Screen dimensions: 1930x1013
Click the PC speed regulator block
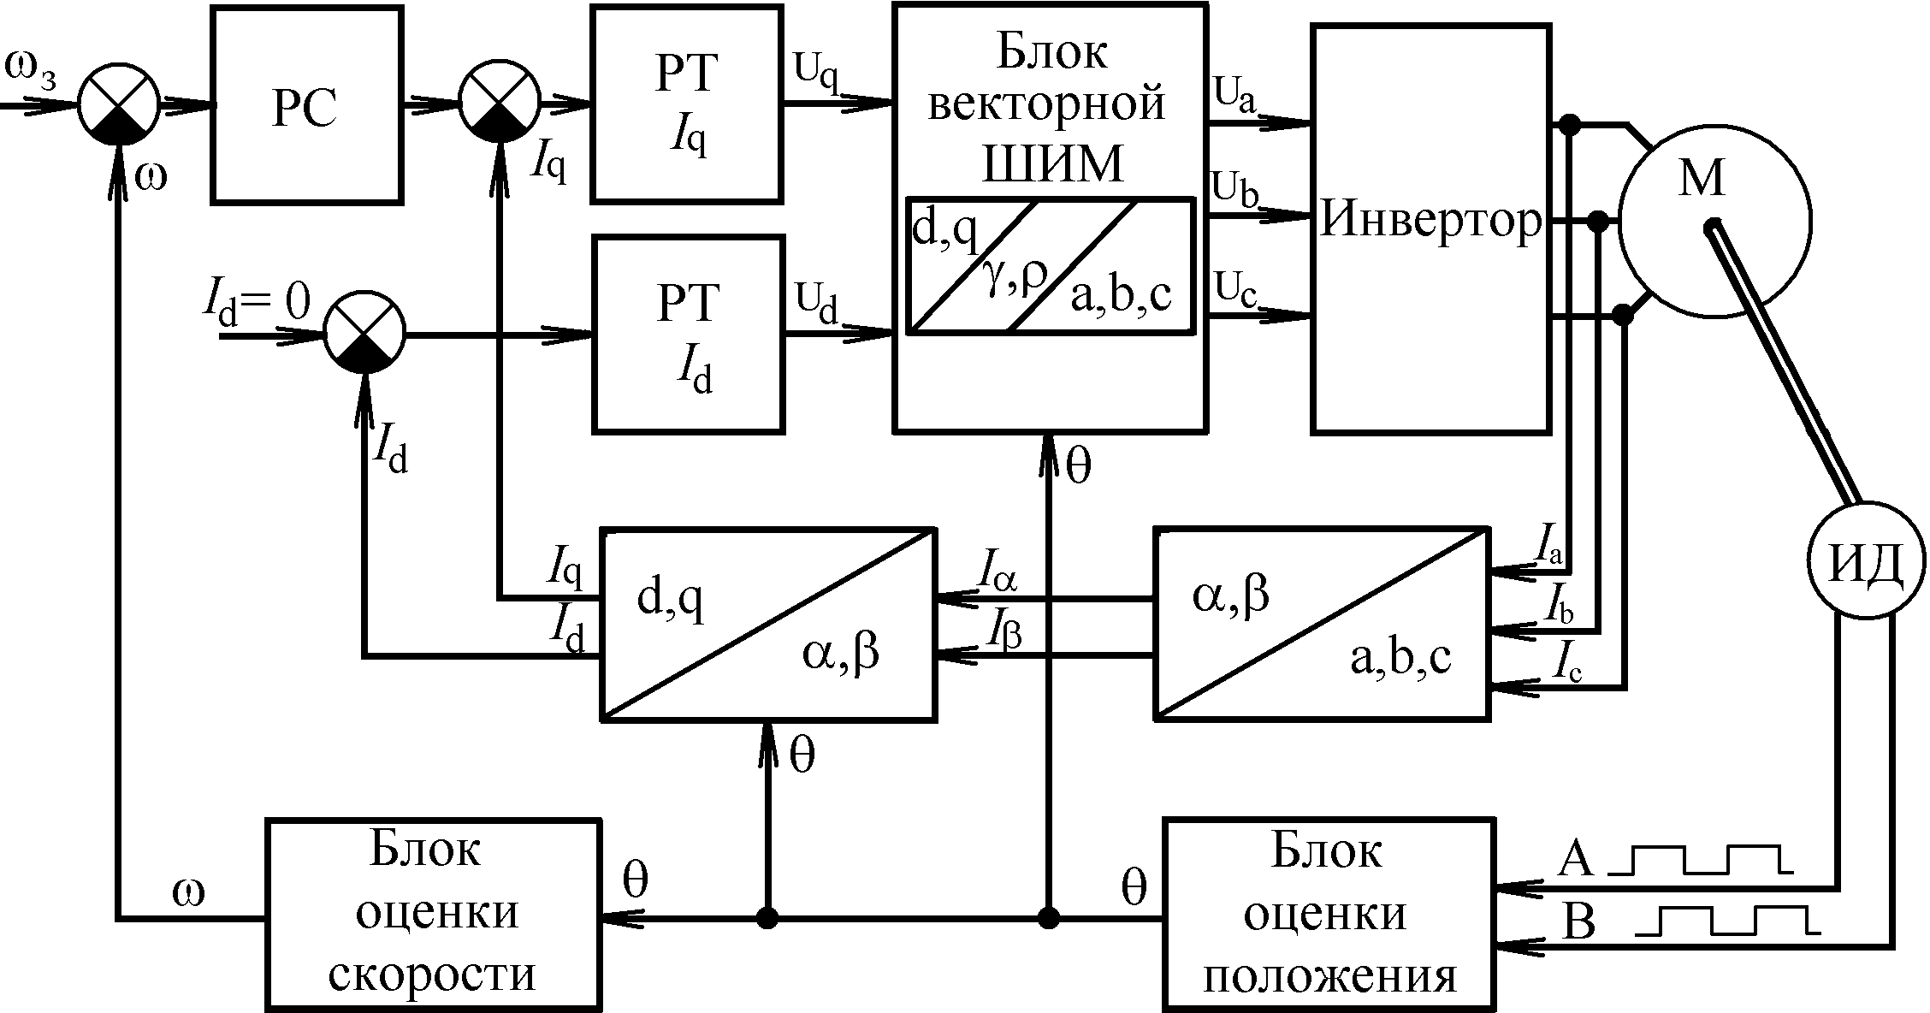(x=307, y=105)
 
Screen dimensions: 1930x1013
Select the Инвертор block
(x=1431, y=228)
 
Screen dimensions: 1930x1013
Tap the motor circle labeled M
(x=1714, y=222)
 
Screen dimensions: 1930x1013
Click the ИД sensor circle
(x=1867, y=562)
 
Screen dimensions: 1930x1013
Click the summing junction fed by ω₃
(x=119, y=104)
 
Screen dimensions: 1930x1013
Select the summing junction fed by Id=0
(x=364, y=335)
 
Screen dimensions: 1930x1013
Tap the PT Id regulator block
(x=688, y=335)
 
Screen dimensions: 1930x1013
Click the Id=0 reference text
(x=256, y=306)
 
